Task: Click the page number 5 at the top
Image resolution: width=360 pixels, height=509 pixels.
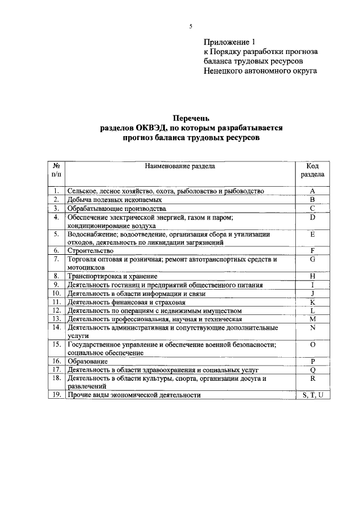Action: point(191,26)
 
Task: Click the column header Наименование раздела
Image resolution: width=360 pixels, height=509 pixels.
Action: point(179,166)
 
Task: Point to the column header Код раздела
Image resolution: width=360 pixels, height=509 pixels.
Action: point(312,170)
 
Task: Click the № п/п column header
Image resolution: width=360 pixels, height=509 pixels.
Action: point(56,170)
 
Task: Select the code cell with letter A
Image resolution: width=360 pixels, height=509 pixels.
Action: point(312,191)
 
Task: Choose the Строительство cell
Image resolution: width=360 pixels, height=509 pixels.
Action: point(90,250)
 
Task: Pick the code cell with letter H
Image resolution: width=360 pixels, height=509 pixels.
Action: point(312,276)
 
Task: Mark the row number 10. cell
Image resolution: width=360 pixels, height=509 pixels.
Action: point(56,293)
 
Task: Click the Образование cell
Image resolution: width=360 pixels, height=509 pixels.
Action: point(87,361)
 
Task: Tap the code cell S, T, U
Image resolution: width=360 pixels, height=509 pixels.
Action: point(312,395)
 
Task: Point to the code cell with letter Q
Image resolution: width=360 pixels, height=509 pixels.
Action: point(312,370)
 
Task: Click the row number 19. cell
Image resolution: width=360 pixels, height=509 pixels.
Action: point(56,395)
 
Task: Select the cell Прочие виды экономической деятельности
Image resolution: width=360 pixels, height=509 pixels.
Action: point(134,395)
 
